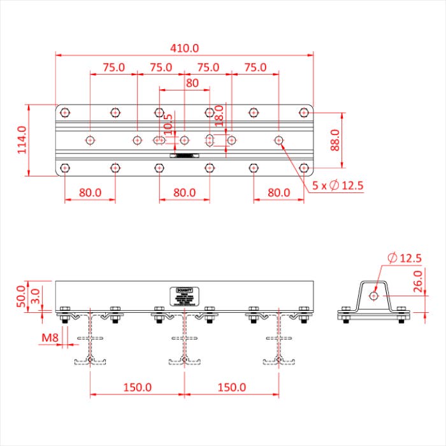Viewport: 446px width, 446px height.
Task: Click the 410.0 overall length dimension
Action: point(185,48)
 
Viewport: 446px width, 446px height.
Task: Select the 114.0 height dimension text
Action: point(21,140)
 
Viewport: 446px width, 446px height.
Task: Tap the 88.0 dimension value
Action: point(335,140)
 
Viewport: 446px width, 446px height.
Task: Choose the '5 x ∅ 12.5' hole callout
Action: point(337,185)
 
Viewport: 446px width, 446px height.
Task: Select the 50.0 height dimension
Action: point(21,294)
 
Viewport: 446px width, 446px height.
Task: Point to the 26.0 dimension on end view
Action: point(418,281)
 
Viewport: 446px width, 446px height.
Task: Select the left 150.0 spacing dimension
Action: point(137,387)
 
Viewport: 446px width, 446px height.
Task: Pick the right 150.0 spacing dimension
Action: point(231,387)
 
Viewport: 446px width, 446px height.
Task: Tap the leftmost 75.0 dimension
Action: point(113,67)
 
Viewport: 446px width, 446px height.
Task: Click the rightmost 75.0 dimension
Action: point(255,67)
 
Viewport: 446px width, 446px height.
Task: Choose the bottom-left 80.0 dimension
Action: point(90,192)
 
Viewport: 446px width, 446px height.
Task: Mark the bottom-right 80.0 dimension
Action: point(278,192)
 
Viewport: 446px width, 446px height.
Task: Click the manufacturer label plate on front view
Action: point(185,296)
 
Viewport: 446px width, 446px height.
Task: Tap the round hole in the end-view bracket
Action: point(374,295)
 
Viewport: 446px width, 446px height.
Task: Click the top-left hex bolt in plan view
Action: point(64,113)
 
